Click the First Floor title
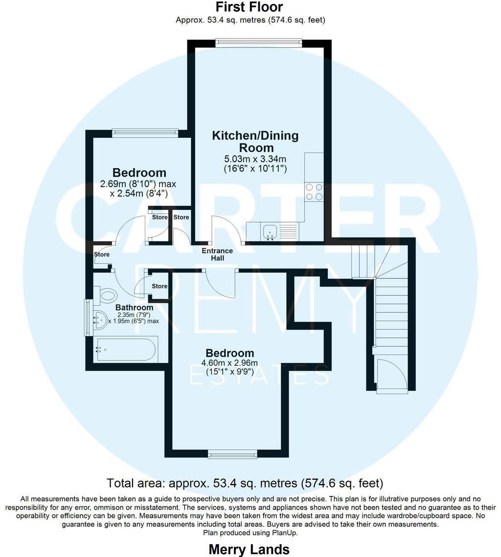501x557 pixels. [250, 7]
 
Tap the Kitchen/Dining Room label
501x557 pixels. [255, 141]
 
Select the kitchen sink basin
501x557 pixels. [270, 232]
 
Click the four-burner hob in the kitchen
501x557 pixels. [314, 192]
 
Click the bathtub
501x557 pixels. [126, 349]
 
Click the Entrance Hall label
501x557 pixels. [217, 254]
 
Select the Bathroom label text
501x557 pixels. [135, 308]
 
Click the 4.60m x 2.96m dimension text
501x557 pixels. [229, 363]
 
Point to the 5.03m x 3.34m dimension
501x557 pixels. [255, 159]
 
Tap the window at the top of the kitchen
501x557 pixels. [259, 43]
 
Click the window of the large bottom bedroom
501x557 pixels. [232, 454]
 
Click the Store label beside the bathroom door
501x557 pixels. [159, 286]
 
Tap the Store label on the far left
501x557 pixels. [102, 254]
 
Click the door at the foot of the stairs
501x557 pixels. [391, 376]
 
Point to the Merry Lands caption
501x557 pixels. [249, 549]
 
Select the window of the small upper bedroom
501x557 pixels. [145, 133]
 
